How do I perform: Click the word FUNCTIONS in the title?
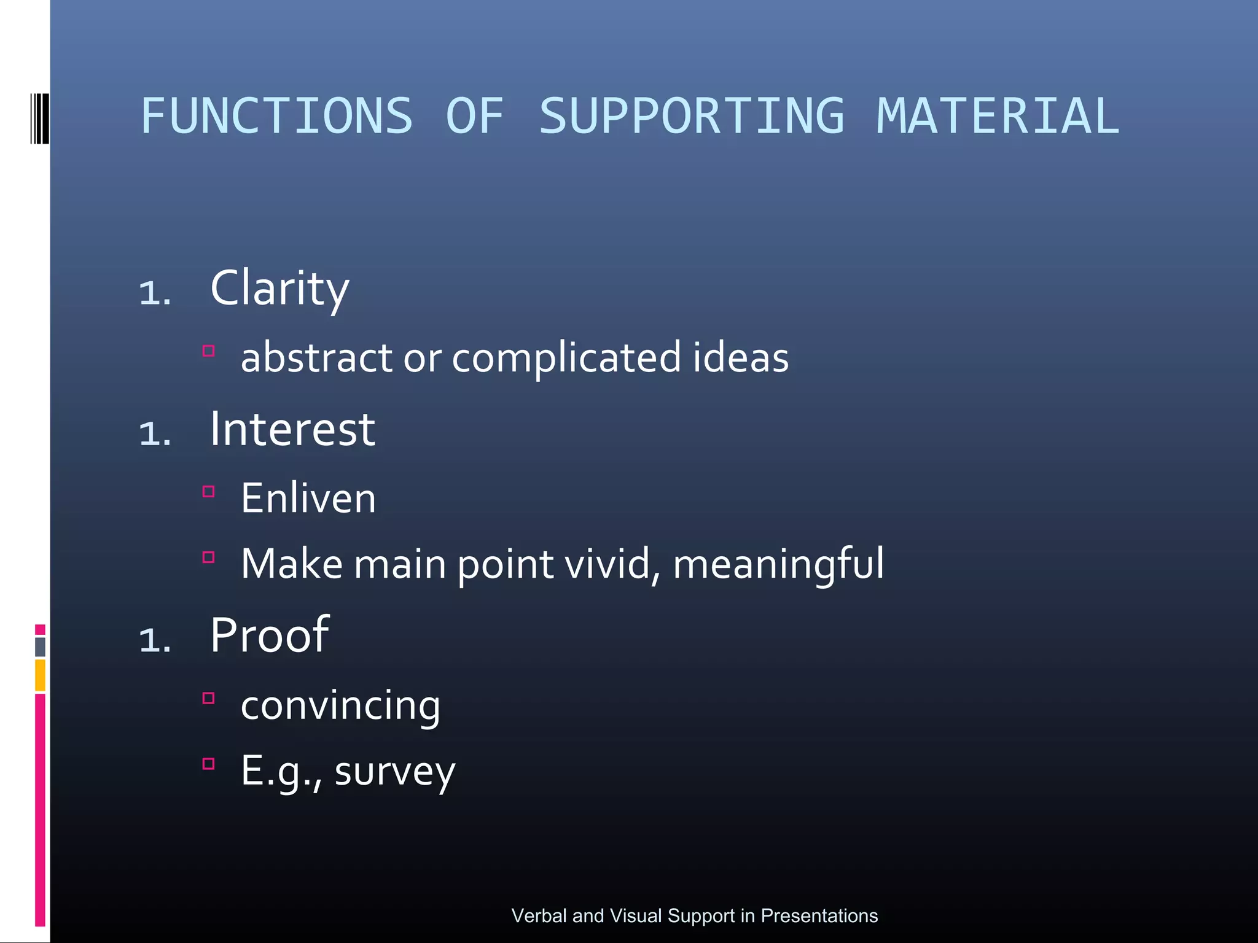276,117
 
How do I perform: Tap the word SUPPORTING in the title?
692,117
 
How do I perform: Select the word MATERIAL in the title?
998,117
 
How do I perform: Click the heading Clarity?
279,289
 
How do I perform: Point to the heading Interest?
292,430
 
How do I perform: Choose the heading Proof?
270,636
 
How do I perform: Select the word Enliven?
308,499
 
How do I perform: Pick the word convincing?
340,706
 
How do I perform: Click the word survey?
394,772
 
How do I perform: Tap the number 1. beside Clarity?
155,293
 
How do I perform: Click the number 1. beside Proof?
155,640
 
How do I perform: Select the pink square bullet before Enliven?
209,491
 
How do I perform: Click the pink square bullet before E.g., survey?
209,764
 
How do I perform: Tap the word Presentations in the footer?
819,915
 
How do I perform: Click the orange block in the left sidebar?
40,675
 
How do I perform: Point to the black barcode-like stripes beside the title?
39,118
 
